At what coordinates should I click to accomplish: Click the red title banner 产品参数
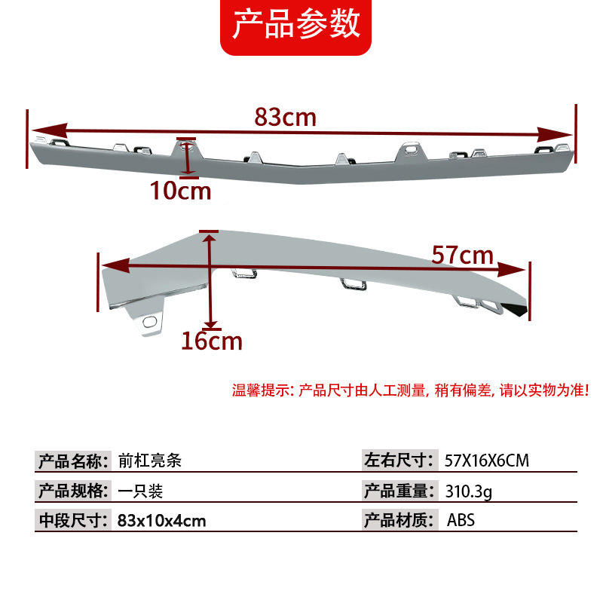point(295,25)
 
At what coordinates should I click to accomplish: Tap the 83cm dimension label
point(285,117)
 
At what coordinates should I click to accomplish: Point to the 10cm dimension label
point(180,190)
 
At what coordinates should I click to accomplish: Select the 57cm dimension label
point(462,256)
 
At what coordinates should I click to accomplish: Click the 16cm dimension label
point(212,341)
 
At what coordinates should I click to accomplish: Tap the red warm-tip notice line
point(410,390)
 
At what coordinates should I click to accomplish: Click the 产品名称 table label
point(74,460)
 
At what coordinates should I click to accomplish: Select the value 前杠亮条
point(150,460)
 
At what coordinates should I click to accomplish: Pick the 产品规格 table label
point(74,491)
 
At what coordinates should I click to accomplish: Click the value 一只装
point(140,491)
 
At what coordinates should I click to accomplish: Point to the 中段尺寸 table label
point(74,520)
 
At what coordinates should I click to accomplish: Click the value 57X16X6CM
point(487,460)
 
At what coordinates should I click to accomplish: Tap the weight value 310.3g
point(469,491)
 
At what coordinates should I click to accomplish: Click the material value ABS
point(461,520)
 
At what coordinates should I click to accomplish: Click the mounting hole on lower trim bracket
point(149,324)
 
